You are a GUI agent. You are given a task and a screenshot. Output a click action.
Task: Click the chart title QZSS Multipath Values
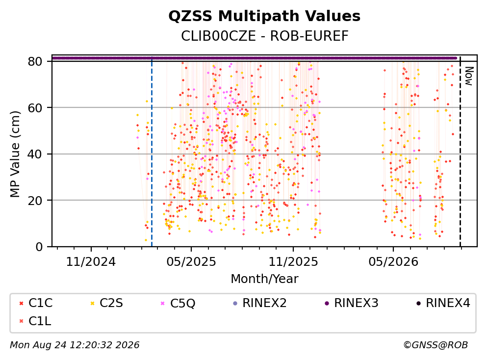(264, 16)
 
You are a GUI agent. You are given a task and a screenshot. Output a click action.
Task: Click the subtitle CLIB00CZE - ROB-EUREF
(265, 36)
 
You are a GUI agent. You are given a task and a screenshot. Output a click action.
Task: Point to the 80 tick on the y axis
(35, 61)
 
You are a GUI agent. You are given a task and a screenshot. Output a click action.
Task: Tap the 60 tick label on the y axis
(35, 108)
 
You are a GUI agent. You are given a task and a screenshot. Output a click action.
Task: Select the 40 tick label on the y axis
(35, 154)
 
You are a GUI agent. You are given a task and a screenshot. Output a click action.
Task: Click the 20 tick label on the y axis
(35, 200)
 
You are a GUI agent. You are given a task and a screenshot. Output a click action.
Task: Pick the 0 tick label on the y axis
(39, 247)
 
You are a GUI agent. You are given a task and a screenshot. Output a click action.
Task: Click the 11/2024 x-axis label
(91, 262)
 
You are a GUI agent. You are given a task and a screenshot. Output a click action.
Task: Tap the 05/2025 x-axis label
(191, 262)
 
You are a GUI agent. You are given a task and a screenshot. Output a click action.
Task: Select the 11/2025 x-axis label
(293, 262)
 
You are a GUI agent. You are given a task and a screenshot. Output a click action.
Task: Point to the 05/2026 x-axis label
(393, 262)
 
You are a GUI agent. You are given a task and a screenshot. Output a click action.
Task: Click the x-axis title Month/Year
(264, 279)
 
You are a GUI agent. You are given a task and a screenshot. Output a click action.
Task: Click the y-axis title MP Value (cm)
(15, 154)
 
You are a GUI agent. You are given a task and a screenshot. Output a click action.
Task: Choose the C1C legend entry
(36, 303)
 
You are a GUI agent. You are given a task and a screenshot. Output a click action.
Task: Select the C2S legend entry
(106, 303)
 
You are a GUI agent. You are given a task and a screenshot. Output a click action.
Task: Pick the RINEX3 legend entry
(352, 303)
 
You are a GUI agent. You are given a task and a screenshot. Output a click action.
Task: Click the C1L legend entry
(35, 321)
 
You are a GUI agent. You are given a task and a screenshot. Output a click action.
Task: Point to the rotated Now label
(469, 76)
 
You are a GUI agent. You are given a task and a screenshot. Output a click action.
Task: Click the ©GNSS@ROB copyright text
(436, 345)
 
